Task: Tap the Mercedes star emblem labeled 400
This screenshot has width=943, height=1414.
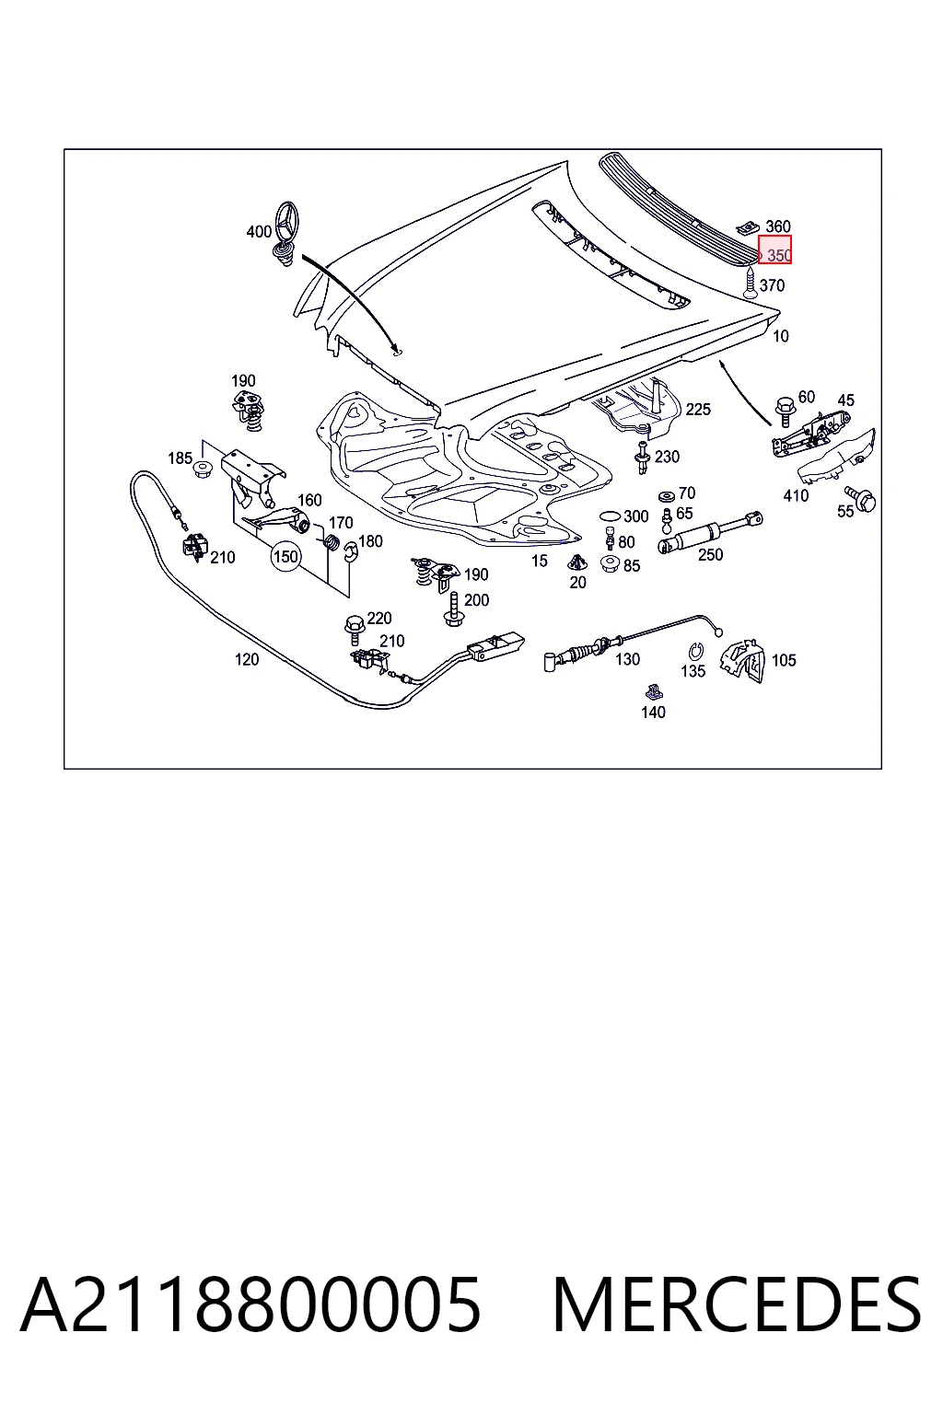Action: point(285,233)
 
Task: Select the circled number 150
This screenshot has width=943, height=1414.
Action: point(285,557)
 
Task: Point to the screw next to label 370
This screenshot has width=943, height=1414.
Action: point(751,283)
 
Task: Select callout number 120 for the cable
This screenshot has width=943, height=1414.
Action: point(247,660)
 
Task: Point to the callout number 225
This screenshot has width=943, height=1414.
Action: point(698,410)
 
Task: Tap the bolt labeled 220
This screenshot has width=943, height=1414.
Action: point(353,625)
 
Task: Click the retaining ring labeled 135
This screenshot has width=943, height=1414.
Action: point(694,651)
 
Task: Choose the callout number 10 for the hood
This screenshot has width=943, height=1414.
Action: point(781,336)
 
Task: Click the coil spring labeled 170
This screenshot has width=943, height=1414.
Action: point(331,542)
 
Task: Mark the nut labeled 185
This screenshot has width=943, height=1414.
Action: point(203,469)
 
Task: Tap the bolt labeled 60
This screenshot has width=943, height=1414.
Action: point(784,411)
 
